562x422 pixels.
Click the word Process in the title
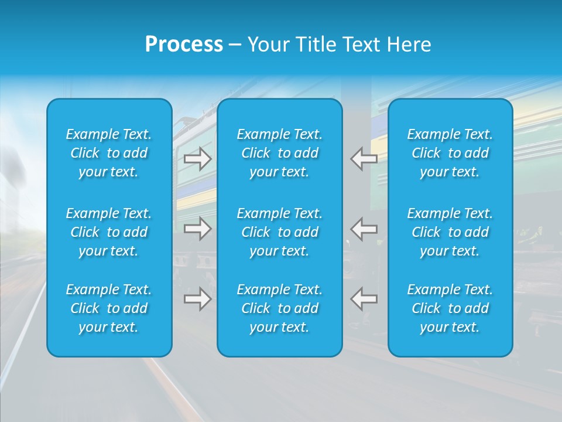pos(184,45)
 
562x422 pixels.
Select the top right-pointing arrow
pos(198,159)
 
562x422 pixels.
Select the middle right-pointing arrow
pos(198,229)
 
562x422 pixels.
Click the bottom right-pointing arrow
pos(198,299)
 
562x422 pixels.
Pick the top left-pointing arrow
pos(364,159)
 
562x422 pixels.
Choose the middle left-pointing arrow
pos(364,229)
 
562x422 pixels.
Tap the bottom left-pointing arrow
pos(364,299)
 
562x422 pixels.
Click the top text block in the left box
pos(109,153)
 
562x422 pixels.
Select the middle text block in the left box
pos(109,232)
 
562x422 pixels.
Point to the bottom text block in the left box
pos(109,308)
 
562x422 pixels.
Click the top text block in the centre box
pos(280,153)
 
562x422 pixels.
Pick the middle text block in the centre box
pos(280,232)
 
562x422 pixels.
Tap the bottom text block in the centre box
pos(280,308)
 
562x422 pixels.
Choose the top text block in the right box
pos(450,153)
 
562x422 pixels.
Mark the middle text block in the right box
pos(450,232)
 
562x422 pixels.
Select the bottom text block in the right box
pos(450,308)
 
